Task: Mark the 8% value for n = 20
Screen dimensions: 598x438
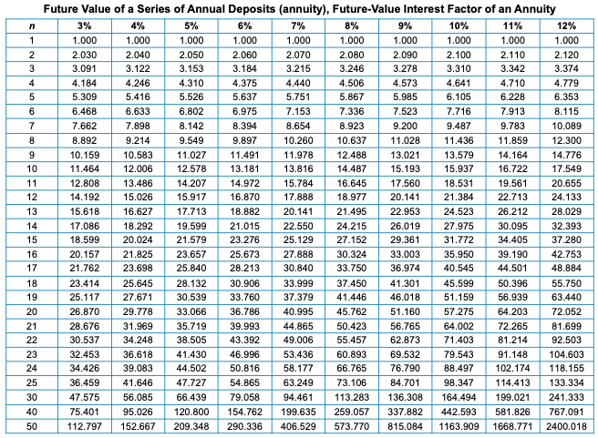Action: point(351,310)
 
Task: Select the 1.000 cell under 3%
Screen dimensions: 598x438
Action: point(84,41)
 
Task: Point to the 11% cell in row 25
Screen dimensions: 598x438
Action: point(512,382)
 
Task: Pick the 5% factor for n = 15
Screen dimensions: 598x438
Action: point(191,239)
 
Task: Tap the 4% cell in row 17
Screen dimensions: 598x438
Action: point(138,268)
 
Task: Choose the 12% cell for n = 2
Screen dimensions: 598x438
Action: point(566,56)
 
